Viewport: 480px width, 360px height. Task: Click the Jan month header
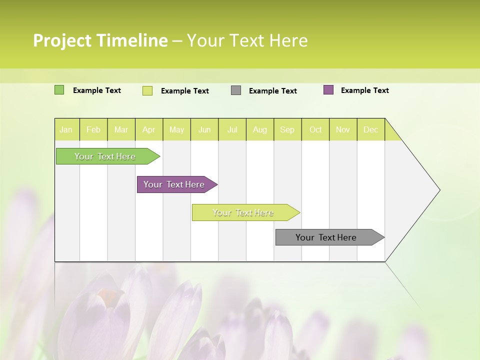pyautogui.click(x=66, y=130)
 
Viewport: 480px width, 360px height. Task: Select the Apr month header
pyautogui.click(x=149, y=130)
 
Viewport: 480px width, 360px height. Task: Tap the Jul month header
pyautogui.click(x=232, y=130)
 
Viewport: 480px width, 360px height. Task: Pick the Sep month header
pyautogui.click(x=287, y=130)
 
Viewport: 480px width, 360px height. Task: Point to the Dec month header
pyautogui.click(x=370, y=130)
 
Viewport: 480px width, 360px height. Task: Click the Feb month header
pyautogui.click(x=93, y=130)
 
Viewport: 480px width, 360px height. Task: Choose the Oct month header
pyautogui.click(x=315, y=130)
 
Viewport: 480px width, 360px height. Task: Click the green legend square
pyautogui.click(x=59, y=90)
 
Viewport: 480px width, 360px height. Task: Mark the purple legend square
pyautogui.click(x=328, y=90)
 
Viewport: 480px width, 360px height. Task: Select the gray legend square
pyautogui.click(x=236, y=90)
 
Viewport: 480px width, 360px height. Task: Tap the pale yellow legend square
pyautogui.click(x=147, y=90)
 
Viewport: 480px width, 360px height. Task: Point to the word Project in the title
pyautogui.click(x=62, y=40)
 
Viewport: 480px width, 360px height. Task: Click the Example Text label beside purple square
pyautogui.click(x=364, y=90)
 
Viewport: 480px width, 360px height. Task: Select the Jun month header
pyautogui.click(x=204, y=130)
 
